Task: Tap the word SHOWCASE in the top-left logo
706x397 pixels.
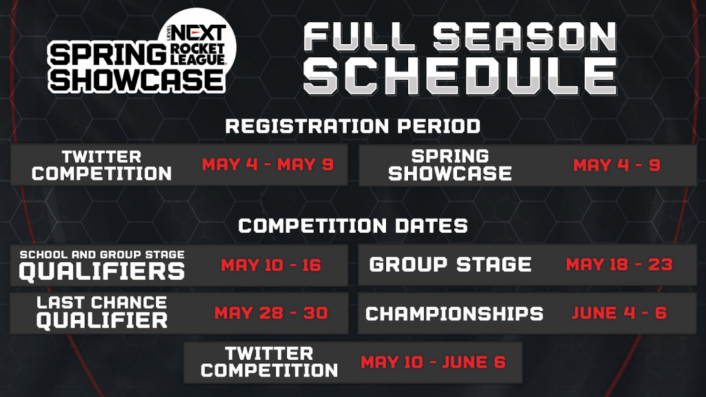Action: (x=137, y=80)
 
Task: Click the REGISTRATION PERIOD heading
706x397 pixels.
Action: (x=353, y=126)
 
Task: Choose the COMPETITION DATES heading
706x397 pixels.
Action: (x=353, y=225)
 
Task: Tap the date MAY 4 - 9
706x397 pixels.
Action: (x=616, y=165)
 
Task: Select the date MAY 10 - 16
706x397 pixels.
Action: (x=271, y=265)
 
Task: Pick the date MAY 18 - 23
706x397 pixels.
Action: (x=619, y=265)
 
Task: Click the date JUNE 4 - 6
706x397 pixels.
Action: (x=619, y=313)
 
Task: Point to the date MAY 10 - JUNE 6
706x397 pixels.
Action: (x=433, y=362)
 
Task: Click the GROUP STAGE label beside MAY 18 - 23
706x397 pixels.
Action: (x=450, y=265)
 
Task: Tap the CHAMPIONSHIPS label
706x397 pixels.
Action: (x=454, y=314)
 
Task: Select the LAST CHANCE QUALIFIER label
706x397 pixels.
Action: (x=101, y=312)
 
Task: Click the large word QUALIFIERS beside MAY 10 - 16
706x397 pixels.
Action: (x=101, y=271)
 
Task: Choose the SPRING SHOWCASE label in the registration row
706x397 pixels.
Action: (x=450, y=165)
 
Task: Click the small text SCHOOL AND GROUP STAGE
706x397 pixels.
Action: (x=101, y=254)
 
